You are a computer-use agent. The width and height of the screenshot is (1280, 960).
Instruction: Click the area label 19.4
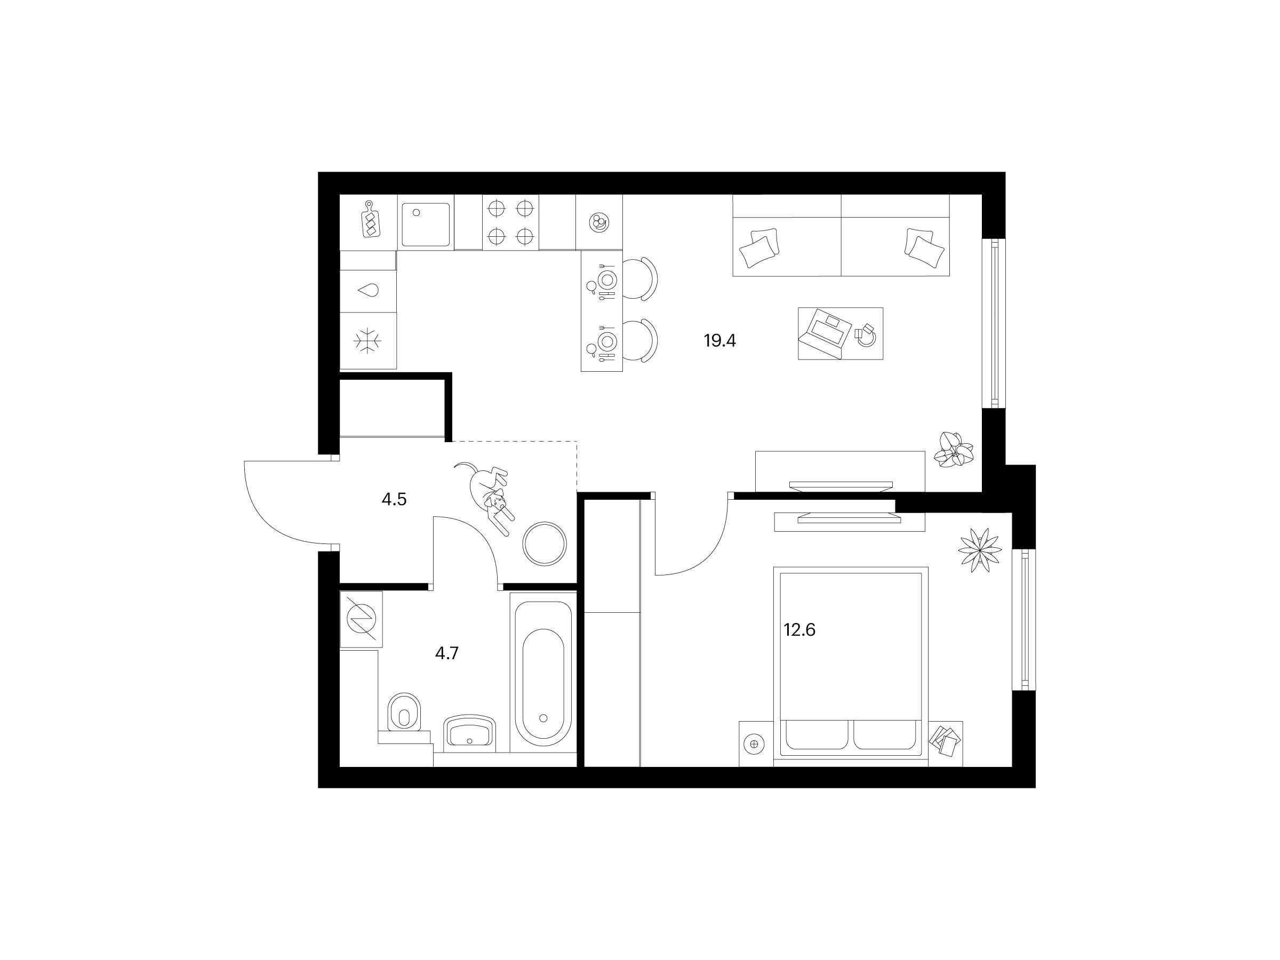(719, 341)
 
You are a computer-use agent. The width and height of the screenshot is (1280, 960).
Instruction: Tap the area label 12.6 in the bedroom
(799, 629)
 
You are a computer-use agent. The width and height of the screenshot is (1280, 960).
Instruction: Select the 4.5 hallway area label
(394, 499)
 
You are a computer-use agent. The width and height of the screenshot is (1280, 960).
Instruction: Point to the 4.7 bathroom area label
(447, 653)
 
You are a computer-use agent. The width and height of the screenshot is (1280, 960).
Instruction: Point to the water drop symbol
(368, 289)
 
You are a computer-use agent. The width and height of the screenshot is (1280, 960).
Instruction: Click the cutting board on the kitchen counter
(371, 219)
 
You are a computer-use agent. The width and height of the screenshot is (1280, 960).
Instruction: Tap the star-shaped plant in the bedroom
(980, 550)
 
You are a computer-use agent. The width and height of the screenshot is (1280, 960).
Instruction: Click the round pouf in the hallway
(545, 543)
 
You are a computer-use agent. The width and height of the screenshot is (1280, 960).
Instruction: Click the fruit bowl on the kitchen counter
(598, 222)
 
